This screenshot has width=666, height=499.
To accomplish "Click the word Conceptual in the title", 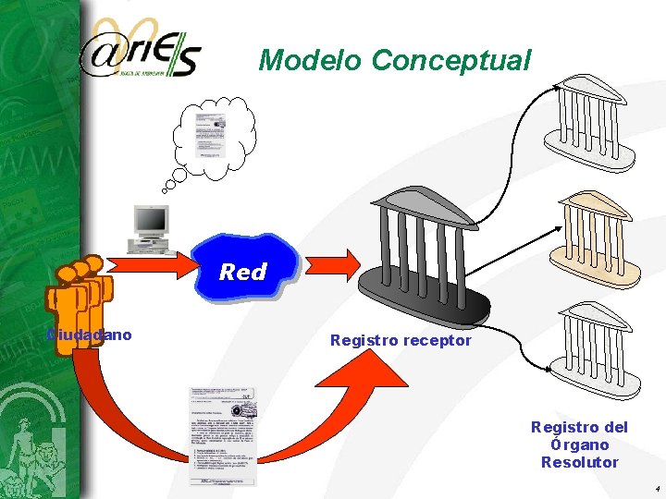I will point(451,61).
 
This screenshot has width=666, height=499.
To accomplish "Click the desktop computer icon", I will point(150,228).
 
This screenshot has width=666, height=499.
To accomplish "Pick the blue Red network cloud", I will point(242,269).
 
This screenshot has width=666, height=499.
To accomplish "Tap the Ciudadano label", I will point(90,335).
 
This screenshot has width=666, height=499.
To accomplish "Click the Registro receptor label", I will point(401,341).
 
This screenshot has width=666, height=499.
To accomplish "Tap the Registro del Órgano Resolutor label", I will point(579,444).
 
